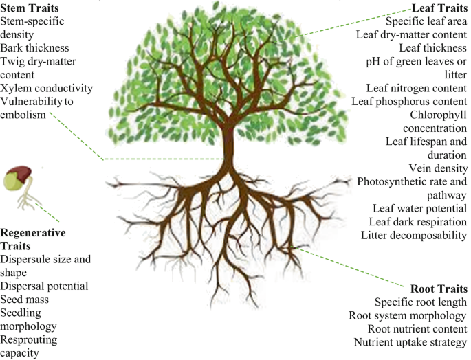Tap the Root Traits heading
click(438, 288)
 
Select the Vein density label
click(440, 168)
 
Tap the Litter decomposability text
click(414, 235)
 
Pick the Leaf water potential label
click(419, 208)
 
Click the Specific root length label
click(421, 302)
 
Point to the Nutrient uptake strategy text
click(410, 341)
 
